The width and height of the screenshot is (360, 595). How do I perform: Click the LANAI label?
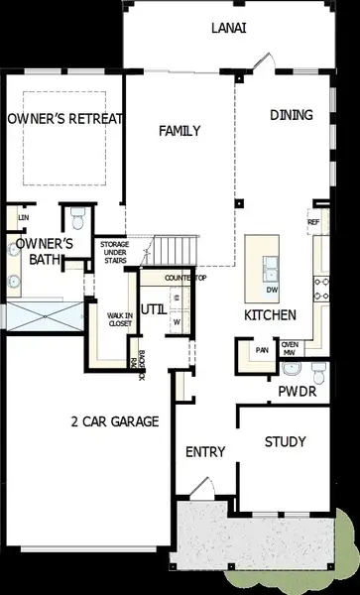[229, 30]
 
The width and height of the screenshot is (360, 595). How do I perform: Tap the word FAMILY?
[180, 131]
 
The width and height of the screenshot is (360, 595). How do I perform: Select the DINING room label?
[292, 115]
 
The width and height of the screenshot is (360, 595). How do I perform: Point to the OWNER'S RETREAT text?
[64, 119]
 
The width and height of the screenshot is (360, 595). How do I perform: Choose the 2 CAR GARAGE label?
[115, 421]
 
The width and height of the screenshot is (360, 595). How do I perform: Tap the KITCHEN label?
[271, 315]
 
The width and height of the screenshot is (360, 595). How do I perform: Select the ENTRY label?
[205, 452]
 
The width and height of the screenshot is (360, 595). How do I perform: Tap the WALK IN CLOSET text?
[121, 318]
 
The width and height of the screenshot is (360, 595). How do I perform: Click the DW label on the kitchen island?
[271, 290]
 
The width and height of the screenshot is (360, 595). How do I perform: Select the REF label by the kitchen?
[313, 222]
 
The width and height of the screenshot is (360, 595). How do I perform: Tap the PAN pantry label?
[262, 350]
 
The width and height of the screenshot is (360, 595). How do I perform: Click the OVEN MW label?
[291, 348]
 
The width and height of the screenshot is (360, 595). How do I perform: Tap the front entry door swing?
[199, 488]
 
